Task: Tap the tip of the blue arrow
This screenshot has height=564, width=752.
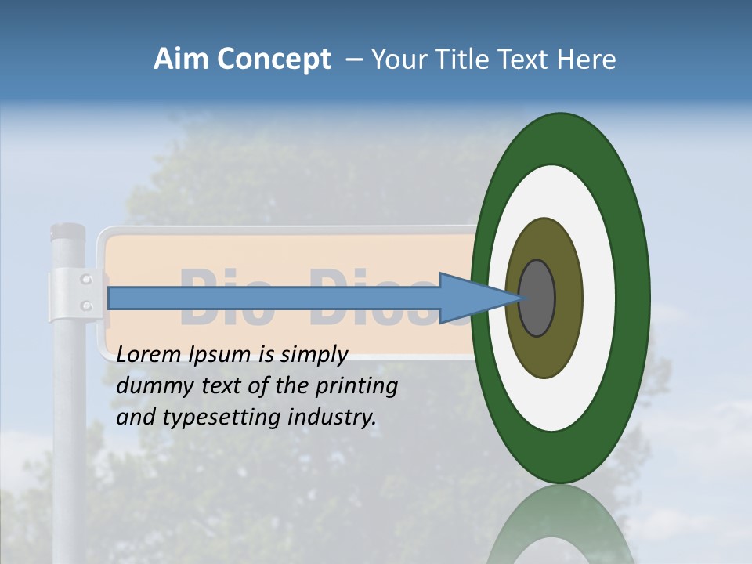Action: pos(520,298)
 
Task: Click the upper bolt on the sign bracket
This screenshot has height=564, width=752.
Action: pos(87,279)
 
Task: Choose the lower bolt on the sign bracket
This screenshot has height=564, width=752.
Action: pos(87,305)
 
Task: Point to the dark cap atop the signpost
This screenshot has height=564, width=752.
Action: pos(67,232)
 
